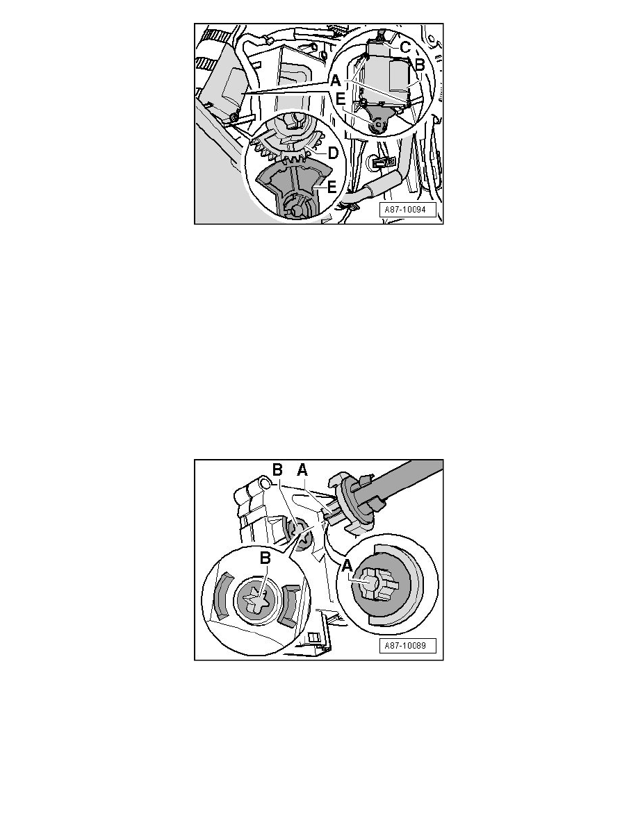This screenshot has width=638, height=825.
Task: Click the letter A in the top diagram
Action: click(335, 81)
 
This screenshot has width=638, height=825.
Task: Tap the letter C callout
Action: click(404, 47)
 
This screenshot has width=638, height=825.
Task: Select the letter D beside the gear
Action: click(333, 153)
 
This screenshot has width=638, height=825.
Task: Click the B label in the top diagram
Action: click(420, 65)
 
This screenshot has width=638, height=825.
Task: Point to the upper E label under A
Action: click(341, 99)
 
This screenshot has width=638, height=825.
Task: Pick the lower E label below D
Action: click(332, 187)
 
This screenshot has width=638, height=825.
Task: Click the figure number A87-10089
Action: click(405, 646)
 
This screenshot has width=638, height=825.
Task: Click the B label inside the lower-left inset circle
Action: click(265, 558)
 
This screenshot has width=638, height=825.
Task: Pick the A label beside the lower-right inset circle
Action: click(346, 567)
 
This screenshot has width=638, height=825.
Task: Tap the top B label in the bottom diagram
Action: click(277, 470)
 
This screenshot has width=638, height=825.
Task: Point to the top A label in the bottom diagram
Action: click(302, 470)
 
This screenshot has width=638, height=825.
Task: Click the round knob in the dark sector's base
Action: click(295, 210)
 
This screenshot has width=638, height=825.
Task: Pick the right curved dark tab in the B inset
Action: click(290, 606)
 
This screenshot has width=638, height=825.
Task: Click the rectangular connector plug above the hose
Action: click(380, 163)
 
